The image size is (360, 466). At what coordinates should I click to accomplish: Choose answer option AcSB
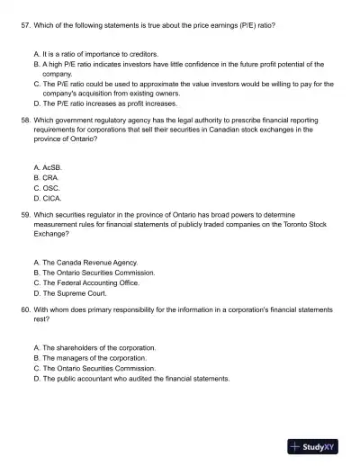(47, 167)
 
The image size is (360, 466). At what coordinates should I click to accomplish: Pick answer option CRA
(45, 177)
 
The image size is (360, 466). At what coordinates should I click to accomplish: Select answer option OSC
(45, 188)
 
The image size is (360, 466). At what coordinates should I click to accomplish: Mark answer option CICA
(47, 198)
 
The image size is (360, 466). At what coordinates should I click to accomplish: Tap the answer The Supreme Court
(74, 292)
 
